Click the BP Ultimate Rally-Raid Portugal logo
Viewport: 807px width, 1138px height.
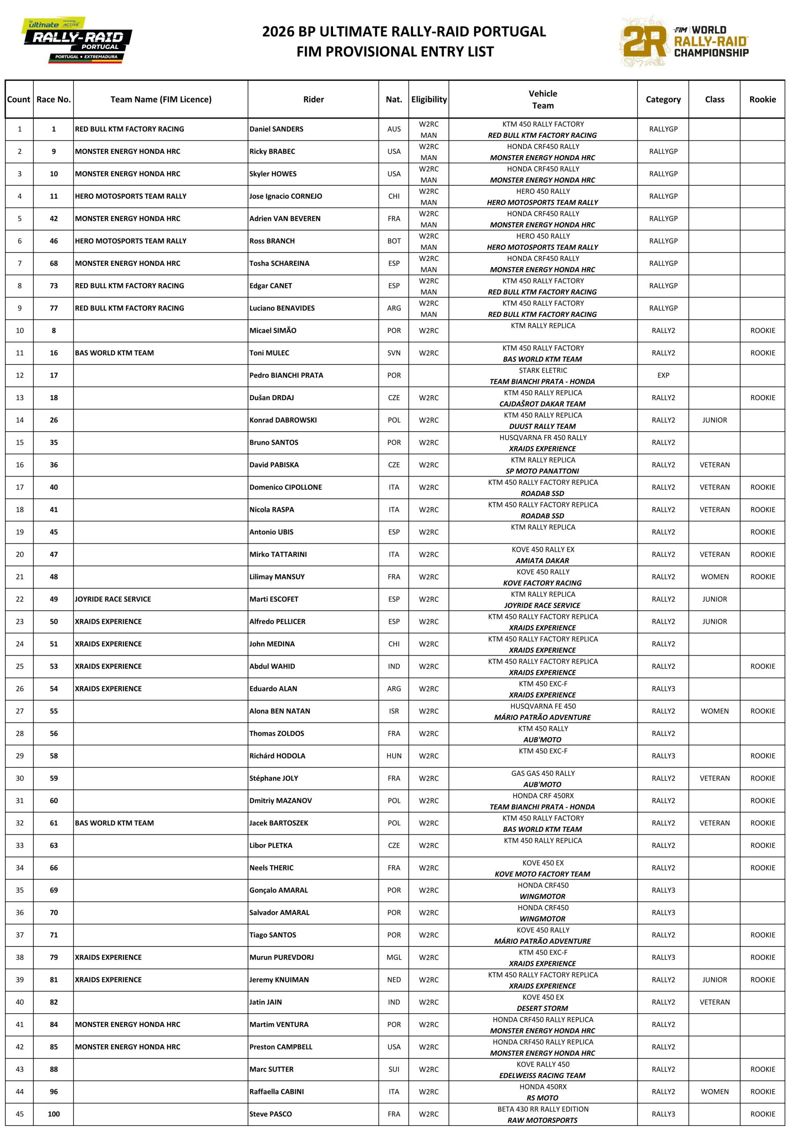point(77,41)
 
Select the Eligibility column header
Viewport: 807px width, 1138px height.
point(428,99)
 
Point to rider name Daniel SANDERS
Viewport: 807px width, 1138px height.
point(276,129)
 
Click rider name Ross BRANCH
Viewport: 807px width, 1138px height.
point(272,241)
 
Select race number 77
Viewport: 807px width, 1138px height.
point(54,308)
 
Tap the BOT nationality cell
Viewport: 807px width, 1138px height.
point(393,241)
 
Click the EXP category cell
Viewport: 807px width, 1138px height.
point(663,375)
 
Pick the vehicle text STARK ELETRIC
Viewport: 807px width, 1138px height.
point(542,370)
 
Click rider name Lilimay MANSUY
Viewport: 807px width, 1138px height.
point(277,577)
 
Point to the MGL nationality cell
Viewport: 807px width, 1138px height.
point(393,957)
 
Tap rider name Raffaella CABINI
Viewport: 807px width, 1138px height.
point(276,1091)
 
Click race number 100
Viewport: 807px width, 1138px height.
point(54,1114)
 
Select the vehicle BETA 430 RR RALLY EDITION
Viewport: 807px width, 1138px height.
point(542,1109)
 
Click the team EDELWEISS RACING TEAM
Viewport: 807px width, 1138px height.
point(542,1075)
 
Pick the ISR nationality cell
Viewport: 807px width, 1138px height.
point(393,711)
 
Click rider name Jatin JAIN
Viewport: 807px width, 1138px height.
point(265,1002)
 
